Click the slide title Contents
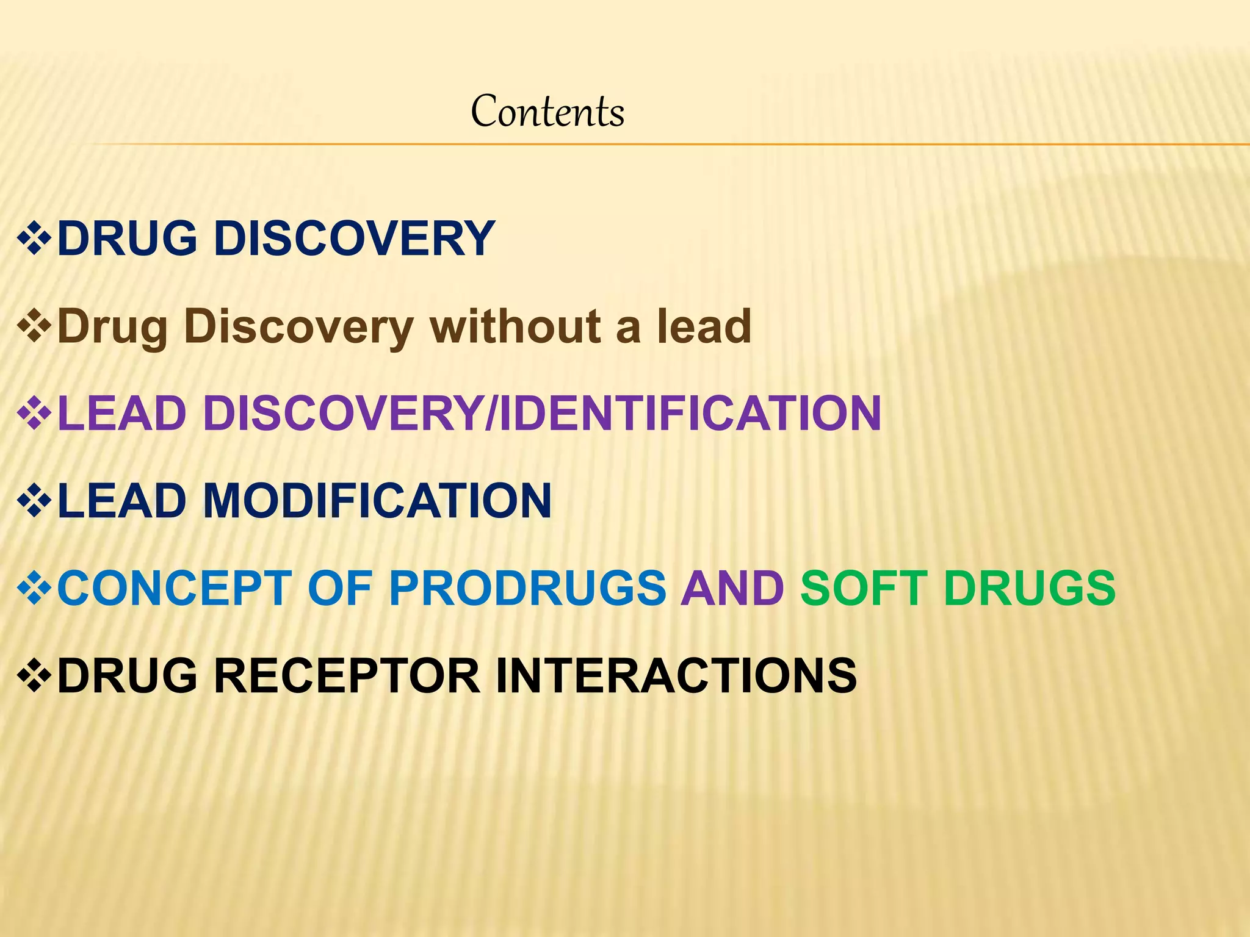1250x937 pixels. [x=547, y=112]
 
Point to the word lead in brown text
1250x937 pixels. [x=704, y=326]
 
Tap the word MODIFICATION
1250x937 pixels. [x=377, y=501]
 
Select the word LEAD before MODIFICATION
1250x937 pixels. [x=121, y=501]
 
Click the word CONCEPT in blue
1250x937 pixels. [x=174, y=589]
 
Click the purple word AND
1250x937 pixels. [x=732, y=589]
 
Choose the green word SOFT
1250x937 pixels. [x=864, y=589]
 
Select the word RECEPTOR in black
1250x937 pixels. [x=347, y=676]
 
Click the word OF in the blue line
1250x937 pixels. [x=340, y=589]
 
